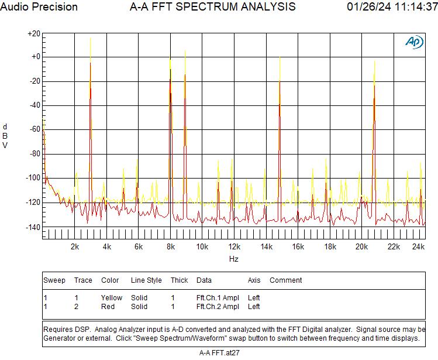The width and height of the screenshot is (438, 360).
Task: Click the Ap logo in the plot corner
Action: click(x=414, y=42)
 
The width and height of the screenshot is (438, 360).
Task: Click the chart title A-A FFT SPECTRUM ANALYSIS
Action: click(x=212, y=7)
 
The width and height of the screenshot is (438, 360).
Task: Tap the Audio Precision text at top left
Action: click(x=39, y=7)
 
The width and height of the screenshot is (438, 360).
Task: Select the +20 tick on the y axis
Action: click(x=33, y=34)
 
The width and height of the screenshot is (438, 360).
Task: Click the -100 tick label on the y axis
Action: click(x=33, y=178)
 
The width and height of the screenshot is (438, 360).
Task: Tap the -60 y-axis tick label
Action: click(x=34, y=129)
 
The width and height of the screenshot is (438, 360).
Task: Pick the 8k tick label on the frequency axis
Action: click(x=171, y=247)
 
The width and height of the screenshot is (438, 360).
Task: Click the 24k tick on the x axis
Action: click(x=418, y=247)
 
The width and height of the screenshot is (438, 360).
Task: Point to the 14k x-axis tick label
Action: click(x=267, y=247)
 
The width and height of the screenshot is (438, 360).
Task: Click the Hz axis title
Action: click(x=233, y=259)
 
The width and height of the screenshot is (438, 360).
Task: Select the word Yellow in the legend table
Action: click(x=112, y=298)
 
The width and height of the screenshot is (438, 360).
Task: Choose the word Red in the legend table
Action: click(x=108, y=307)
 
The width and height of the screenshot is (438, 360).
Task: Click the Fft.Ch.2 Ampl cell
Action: click(x=218, y=307)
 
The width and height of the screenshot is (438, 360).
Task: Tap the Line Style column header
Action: click(x=146, y=280)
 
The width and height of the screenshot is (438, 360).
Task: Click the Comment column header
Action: click(x=286, y=280)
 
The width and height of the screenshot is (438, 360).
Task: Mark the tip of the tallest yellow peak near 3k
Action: click(x=90, y=39)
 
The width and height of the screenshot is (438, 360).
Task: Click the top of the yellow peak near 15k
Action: click(x=280, y=57)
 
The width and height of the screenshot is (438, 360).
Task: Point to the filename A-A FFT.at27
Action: click(x=219, y=353)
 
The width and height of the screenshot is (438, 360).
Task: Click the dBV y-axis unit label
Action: click(x=5, y=136)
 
